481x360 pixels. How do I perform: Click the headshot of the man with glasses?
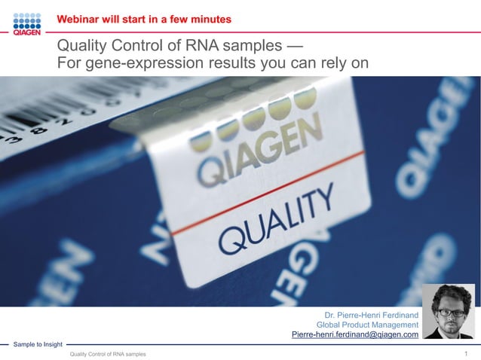click(448, 312)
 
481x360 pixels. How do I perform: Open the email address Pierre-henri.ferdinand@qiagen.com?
click(354, 335)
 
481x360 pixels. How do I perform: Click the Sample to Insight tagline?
click(38, 344)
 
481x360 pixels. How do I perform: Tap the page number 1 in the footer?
click(467, 353)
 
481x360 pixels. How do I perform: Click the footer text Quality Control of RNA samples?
click(108, 354)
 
